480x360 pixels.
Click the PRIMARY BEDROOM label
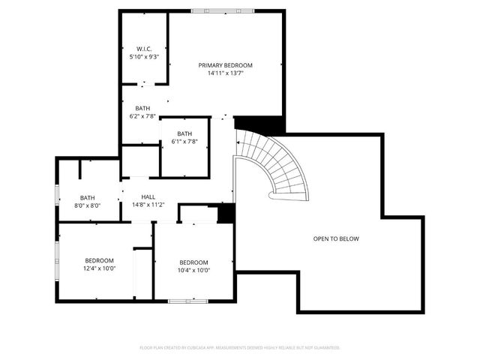pos(225,65)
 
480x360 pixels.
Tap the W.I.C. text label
pos(145,49)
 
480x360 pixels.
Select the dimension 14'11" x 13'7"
pos(225,73)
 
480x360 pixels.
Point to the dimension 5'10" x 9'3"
pos(145,57)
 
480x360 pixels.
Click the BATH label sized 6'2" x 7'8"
pos(142,108)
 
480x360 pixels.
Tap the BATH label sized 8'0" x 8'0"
pos(88,197)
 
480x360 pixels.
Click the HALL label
pos(148,196)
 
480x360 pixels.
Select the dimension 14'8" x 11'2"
pos(148,205)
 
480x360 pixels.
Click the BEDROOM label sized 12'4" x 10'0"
pos(99,260)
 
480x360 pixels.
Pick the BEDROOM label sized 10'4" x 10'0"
pos(193,262)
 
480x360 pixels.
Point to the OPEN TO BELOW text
pos(336,239)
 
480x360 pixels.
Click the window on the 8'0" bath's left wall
pos(58,197)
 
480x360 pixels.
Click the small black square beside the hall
pos(226,214)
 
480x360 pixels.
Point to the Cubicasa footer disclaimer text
pos(240,348)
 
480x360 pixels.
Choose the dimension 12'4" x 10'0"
pos(99,268)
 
